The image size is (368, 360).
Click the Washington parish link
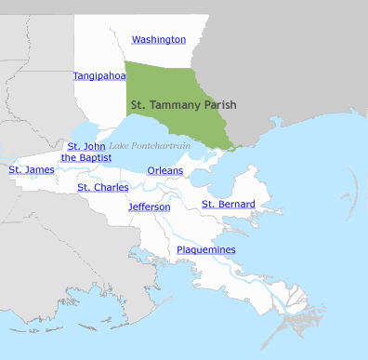click(159, 40)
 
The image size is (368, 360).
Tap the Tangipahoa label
click(99, 75)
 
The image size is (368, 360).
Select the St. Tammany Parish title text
click(184, 105)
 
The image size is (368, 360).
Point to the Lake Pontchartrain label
click(151, 146)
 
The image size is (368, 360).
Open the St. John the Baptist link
click(87, 153)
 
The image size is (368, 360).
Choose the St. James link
click(32, 169)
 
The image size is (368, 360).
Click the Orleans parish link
click(165, 170)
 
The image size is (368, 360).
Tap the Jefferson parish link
click(150, 207)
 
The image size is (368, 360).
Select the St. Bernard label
click(229, 204)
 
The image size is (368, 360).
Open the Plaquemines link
click(206, 249)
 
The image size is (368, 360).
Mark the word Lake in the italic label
click(119, 146)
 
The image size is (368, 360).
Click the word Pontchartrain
click(161, 146)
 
